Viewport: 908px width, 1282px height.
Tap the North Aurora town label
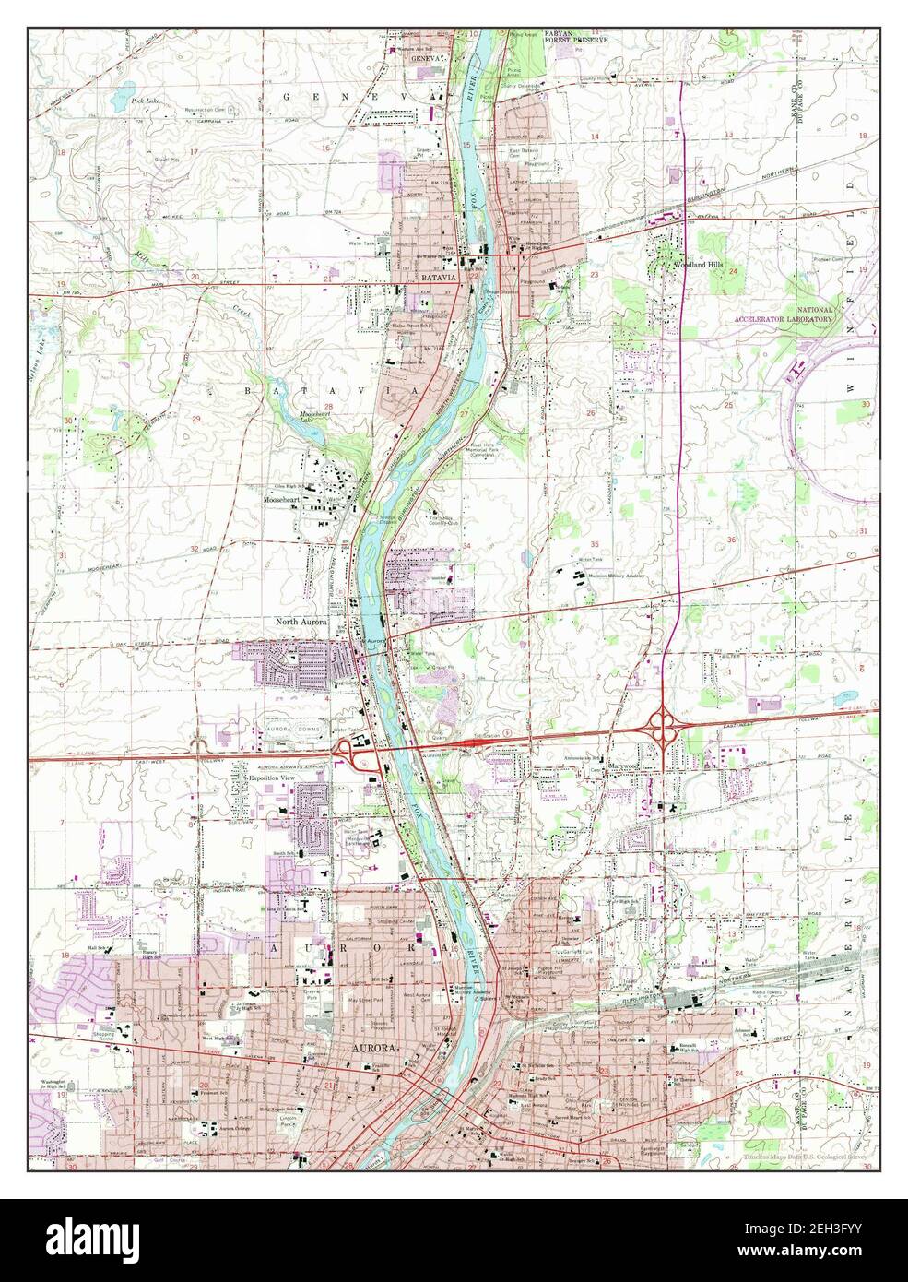301,622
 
